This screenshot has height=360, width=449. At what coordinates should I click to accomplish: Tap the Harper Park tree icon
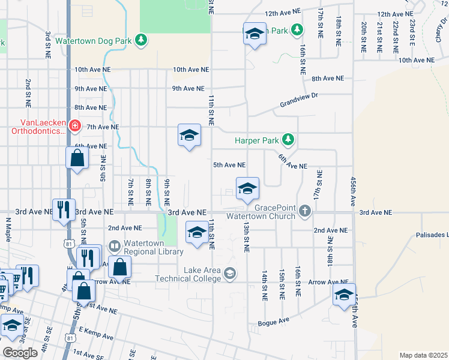click(x=289, y=140)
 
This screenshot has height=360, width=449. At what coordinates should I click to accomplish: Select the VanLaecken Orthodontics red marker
click(x=75, y=127)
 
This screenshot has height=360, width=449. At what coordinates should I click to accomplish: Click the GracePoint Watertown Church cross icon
click(x=306, y=211)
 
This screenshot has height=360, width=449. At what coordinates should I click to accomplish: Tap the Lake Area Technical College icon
click(x=229, y=274)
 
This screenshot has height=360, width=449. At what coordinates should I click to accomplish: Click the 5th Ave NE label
click(x=229, y=165)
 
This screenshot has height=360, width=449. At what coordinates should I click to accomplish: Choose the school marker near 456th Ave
click(x=344, y=295)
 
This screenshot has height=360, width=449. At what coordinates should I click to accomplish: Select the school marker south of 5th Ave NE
click(x=247, y=189)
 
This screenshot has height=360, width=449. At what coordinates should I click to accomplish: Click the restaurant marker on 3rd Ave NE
click(x=64, y=210)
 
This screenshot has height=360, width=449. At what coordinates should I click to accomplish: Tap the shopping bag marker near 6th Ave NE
click(x=77, y=159)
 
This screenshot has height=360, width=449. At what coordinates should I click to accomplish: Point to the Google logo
click(x=20, y=353)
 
